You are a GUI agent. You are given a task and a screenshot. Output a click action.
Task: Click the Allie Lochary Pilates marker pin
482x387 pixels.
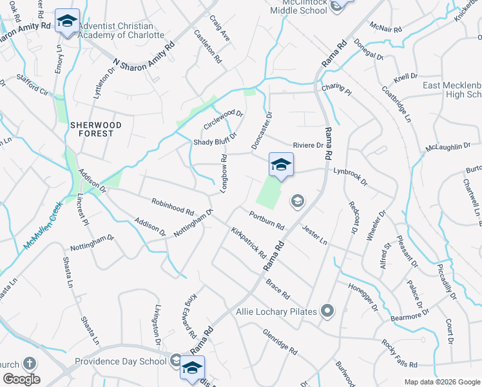(328, 312)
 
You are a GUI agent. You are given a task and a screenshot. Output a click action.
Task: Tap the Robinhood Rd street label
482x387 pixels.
(173, 207)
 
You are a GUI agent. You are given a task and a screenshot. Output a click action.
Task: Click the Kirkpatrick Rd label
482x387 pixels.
(249, 241)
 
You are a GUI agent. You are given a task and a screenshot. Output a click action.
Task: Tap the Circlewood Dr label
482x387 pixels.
(223, 119)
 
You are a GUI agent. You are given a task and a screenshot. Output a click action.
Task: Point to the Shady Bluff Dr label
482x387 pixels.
(216, 139)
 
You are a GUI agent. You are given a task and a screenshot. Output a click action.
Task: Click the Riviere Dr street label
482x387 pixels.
(307, 145)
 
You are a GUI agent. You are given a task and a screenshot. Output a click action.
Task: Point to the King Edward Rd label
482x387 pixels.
(191, 316)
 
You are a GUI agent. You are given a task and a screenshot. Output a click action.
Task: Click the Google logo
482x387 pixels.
(21, 379)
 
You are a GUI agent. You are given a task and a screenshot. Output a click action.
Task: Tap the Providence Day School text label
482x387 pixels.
(120, 361)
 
